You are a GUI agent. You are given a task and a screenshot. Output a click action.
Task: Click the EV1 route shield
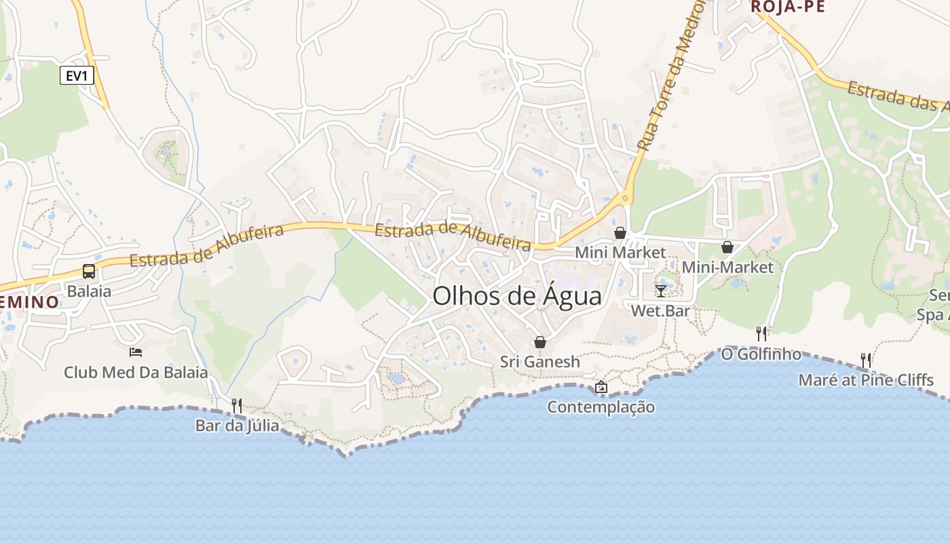pos(76,75)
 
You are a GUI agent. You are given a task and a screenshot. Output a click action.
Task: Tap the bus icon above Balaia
pos(89,271)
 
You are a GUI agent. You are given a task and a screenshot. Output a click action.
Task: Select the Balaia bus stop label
pos(89,291)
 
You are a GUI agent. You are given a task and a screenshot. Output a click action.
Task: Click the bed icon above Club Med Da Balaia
pos(136,352)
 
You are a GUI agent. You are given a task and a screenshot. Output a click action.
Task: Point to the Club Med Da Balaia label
pos(136,373)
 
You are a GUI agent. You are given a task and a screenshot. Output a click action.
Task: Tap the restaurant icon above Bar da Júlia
pos(237,405)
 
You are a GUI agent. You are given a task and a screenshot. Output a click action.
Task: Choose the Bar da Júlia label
pos(237,426)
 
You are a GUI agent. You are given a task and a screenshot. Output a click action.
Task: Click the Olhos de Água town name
pos(517,297)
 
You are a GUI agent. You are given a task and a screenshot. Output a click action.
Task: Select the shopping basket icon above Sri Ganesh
pos(540,341)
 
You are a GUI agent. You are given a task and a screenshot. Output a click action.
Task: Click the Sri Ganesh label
pos(540,362)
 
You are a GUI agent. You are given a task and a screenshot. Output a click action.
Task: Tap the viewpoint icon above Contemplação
pos(601,387)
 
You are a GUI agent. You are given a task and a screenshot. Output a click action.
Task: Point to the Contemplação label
pos(601,407)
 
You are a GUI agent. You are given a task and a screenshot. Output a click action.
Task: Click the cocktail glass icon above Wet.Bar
pos(661,291)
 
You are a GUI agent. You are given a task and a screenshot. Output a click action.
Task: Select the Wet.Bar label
pos(661,311)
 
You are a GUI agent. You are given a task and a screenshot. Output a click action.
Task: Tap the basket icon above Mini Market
pos(620,233)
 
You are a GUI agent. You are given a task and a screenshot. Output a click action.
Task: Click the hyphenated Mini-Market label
pos(727,267)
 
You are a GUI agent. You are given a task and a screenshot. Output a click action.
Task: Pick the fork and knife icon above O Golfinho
pos(761,333)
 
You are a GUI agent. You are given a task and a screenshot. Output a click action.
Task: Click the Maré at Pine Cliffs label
pos(866,380)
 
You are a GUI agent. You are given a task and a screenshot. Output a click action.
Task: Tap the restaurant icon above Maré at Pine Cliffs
pos(866,360)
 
